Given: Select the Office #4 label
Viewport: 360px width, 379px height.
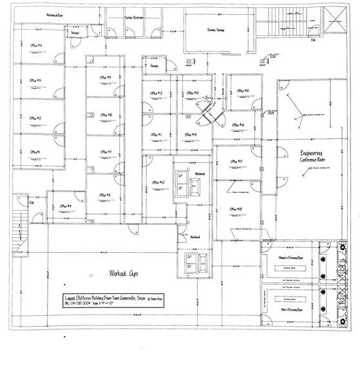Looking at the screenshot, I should pos(36,45).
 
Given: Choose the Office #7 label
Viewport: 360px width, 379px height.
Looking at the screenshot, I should pos(106,153).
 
